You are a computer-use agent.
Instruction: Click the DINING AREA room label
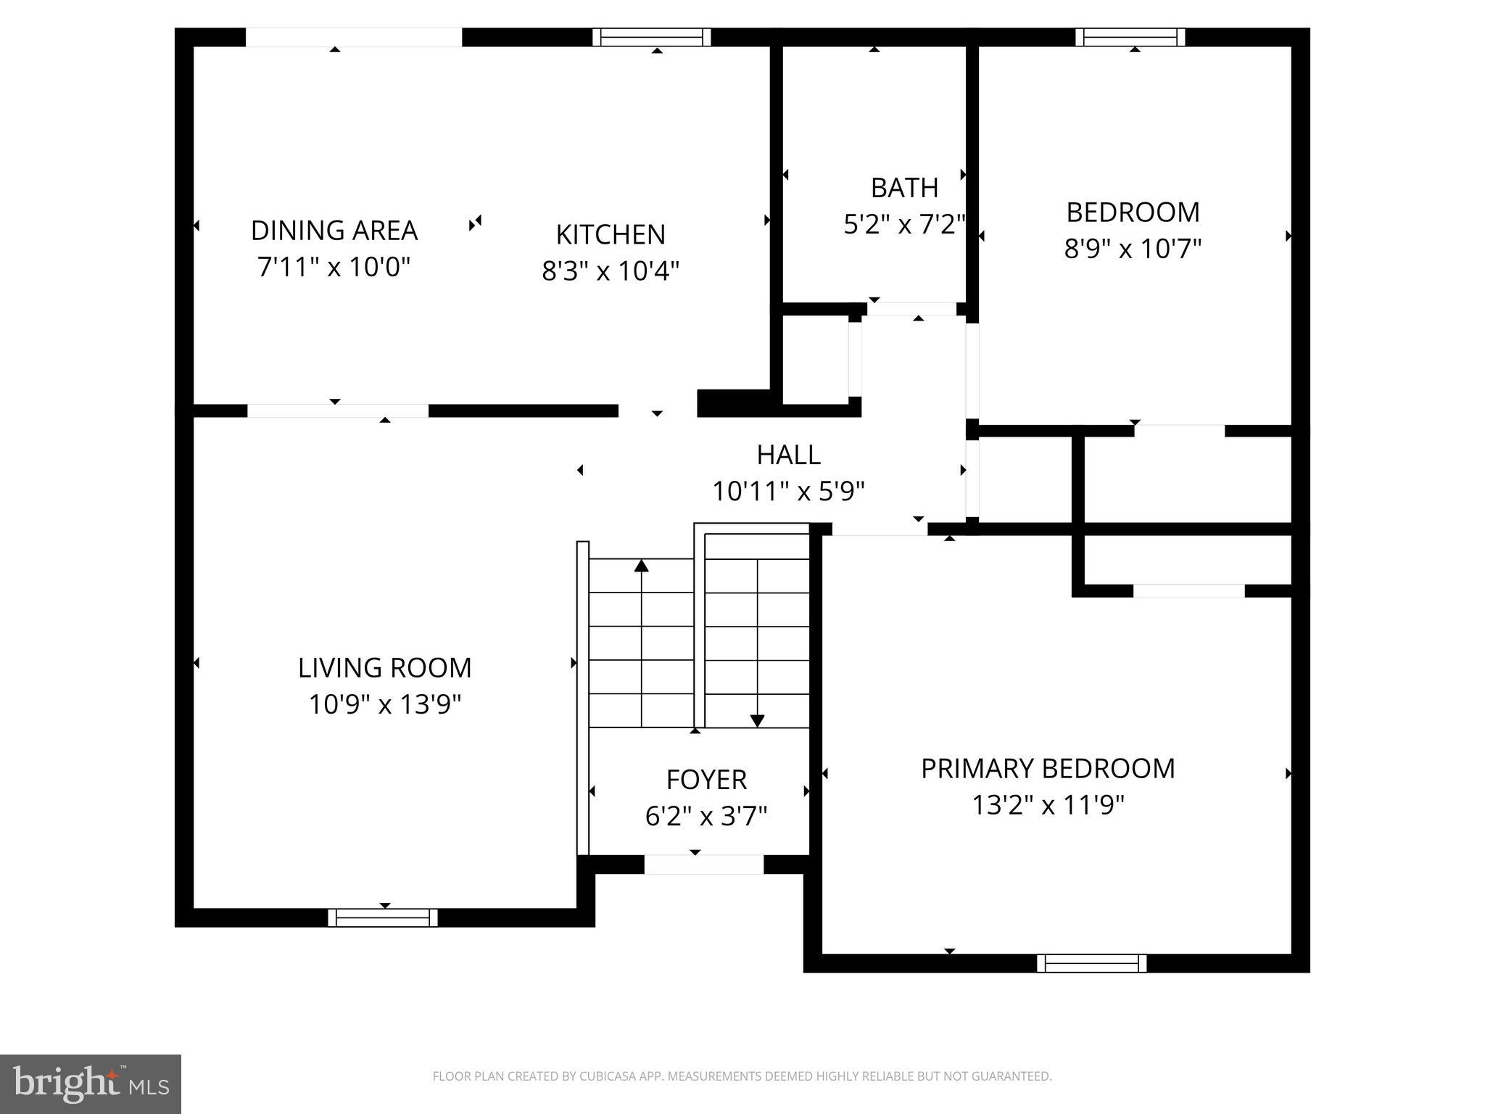(334, 231)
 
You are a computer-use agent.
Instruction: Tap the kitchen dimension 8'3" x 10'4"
(611, 271)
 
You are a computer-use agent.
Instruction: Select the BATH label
(904, 188)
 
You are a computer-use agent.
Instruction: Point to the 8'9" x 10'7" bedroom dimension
(1133, 249)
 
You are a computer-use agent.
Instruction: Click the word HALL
(788, 455)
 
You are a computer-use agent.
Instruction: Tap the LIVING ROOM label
(384, 668)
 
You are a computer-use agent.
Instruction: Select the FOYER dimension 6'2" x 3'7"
(706, 817)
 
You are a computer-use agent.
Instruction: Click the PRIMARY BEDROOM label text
(1047, 769)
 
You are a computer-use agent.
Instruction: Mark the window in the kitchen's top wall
(651, 37)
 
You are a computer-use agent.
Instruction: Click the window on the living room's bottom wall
(383, 917)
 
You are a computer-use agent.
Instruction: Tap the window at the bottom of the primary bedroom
(1091, 963)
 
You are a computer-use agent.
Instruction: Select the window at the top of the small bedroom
(1130, 37)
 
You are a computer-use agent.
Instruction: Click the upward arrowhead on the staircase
(641, 565)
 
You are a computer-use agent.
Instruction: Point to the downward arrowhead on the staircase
(757, 721)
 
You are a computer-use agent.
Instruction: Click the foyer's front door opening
(703, 865)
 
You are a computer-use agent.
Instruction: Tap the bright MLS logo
(91, 1084)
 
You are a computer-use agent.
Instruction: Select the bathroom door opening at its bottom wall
(911, 310)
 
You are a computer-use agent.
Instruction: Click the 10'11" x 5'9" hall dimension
(788, 492)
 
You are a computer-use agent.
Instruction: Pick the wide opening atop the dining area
(353, 37)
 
